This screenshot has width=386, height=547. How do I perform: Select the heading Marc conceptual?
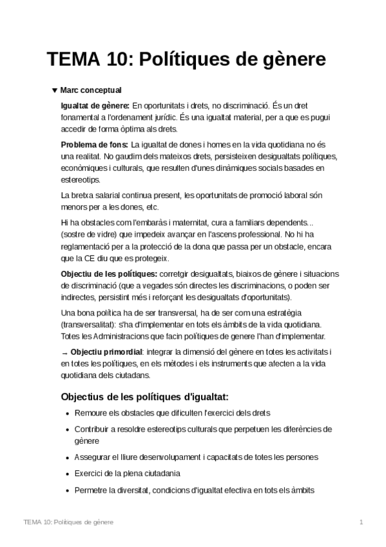(x=91, y=90)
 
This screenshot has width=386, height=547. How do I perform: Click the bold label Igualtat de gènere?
(x=95, y=104)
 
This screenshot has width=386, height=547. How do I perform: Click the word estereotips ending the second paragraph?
(x=80, y=180)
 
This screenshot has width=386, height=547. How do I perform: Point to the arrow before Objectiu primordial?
(x=64, y=352)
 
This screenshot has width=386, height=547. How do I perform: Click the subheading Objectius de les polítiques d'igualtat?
(x=144, y=395)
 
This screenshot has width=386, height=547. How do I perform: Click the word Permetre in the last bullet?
(x=92, y=490)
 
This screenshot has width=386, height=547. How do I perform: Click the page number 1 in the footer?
(x=362, y=521)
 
